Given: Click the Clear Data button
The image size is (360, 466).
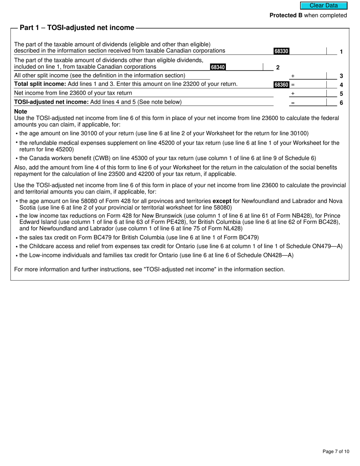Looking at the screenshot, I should point(324,6).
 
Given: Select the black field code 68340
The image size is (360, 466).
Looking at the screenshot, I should point(218,67).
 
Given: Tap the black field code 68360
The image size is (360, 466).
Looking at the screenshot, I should point(281,85).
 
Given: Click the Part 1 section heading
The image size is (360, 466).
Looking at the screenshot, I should point(77,28).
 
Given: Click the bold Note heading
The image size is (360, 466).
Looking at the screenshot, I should point(20,112).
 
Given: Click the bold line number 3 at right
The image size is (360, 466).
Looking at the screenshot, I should point(341,76).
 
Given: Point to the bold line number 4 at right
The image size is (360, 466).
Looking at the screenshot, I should point(341,85).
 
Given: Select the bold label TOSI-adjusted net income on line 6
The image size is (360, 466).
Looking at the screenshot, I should point(51,102).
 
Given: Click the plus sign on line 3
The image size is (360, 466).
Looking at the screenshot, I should point(293,76).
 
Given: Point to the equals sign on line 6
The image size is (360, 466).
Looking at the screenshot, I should point(293,103).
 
